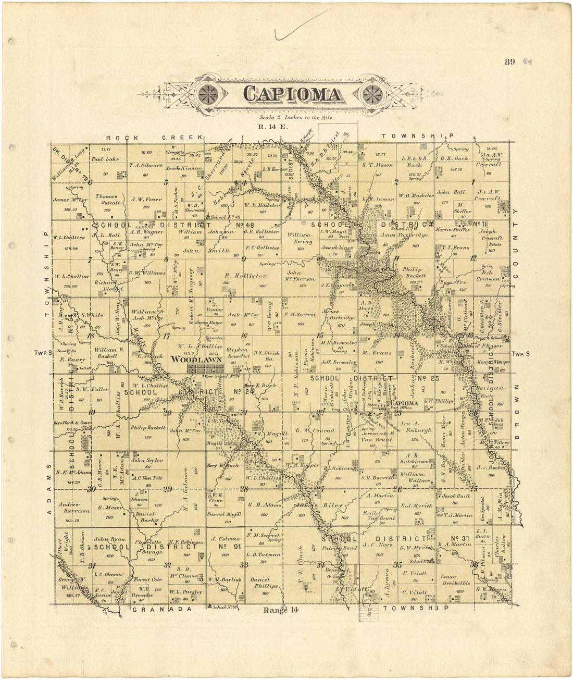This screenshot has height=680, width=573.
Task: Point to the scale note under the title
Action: coord(293,118)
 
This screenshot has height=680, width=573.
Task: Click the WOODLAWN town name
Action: coord(197,360)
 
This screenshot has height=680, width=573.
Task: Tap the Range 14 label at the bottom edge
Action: coord(282,610)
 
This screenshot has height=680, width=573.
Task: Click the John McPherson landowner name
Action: coord(302,275)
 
